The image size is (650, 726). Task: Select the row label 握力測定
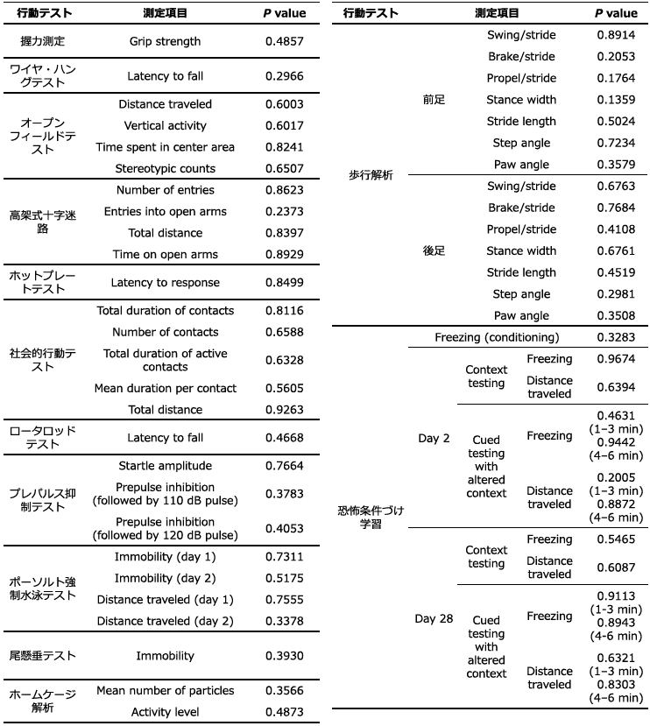(42, 41)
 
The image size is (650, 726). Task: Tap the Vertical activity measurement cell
(165, 125)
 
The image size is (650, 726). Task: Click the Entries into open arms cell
(165, 211)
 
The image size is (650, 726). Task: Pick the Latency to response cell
(165, 283)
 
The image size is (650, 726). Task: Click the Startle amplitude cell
(165, 466)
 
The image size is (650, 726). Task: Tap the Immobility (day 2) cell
(165, 578)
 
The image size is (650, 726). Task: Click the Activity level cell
(165, 712)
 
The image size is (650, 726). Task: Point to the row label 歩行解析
(371, 175)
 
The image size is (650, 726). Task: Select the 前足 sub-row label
(434, 100)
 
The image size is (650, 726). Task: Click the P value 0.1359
(616, 100)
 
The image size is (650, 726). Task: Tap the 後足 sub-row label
(434, 250)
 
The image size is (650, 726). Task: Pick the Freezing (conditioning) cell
(497, 337)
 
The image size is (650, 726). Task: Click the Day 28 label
(434, 618)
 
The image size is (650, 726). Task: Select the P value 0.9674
(616, 359)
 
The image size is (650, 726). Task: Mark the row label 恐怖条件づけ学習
(371, 517)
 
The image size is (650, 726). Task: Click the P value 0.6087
(616, 567)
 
